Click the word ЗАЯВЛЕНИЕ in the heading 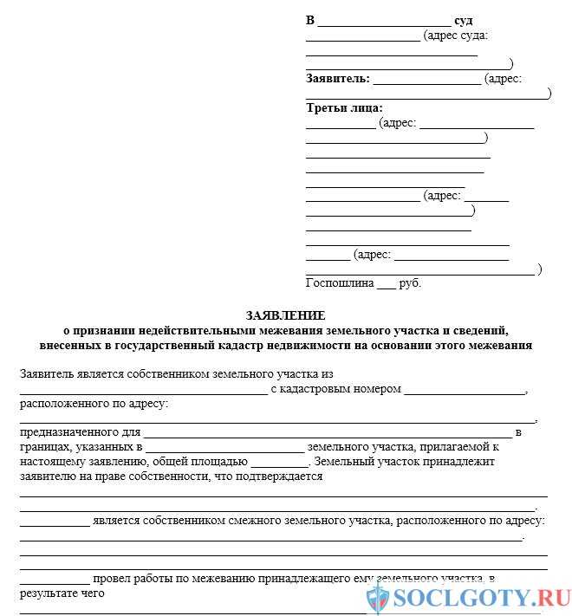pos(285,315)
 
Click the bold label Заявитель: pos(337,79)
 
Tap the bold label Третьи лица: pos(344,108)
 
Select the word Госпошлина pos(340,282)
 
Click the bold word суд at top pos(464,20)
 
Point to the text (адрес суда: pos(455,36)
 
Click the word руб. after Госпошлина pos(410,282)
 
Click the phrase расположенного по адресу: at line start pos(94,403)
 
